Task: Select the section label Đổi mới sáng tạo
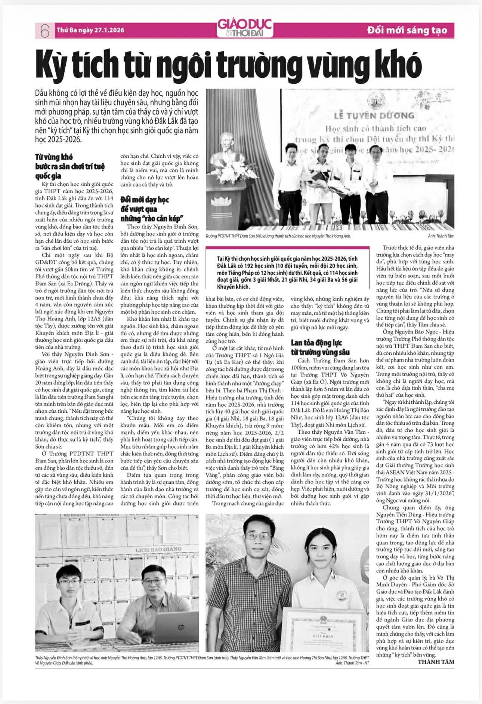[x=407, y=30]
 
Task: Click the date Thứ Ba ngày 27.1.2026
[x=90, y=30]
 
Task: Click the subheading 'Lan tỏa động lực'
[x=316, y=343]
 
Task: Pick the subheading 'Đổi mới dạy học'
[x=144, y=200]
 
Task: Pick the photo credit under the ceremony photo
[x=439, y=236]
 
